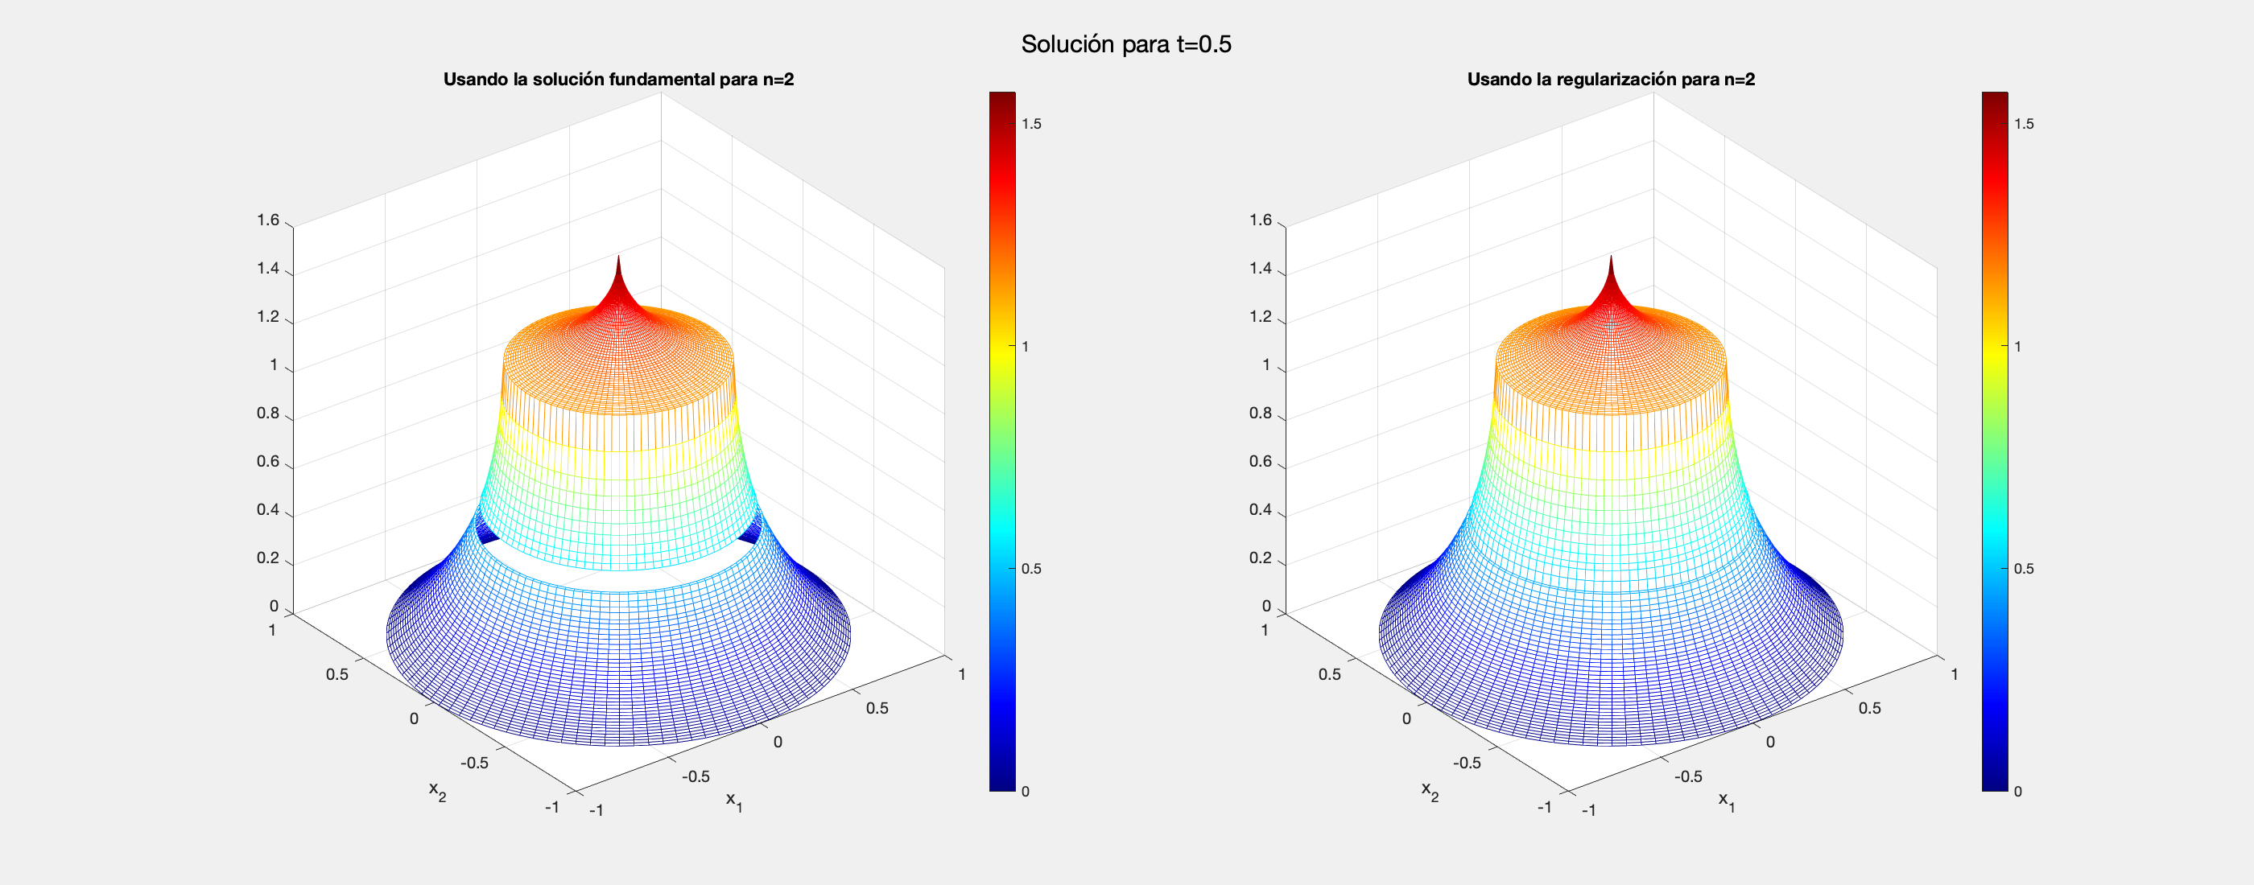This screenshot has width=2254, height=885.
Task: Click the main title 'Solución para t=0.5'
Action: (1126, 43)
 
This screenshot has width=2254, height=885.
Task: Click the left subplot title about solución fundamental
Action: (617, 80)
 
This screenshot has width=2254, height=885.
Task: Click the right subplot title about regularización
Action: (1611, 80)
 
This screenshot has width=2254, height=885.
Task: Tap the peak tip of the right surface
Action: (1611, 258)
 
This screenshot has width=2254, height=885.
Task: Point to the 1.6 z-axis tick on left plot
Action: (268, 220)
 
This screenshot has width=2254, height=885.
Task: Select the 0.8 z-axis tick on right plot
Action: (1260, 413)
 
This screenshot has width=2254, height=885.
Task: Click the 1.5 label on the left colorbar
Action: (1032, 124)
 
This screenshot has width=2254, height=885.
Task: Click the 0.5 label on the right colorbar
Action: (2024, 569)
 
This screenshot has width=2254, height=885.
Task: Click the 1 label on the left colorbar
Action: (1026, 346)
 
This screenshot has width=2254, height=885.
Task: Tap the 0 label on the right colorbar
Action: (2018, 792)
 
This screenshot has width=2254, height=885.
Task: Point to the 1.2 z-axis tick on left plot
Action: (268, 316)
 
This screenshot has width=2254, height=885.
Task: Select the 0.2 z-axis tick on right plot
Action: (1260, 558)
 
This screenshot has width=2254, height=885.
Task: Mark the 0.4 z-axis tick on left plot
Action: (268, 510)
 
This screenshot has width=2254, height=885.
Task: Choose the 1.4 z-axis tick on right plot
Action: (1260, 269)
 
